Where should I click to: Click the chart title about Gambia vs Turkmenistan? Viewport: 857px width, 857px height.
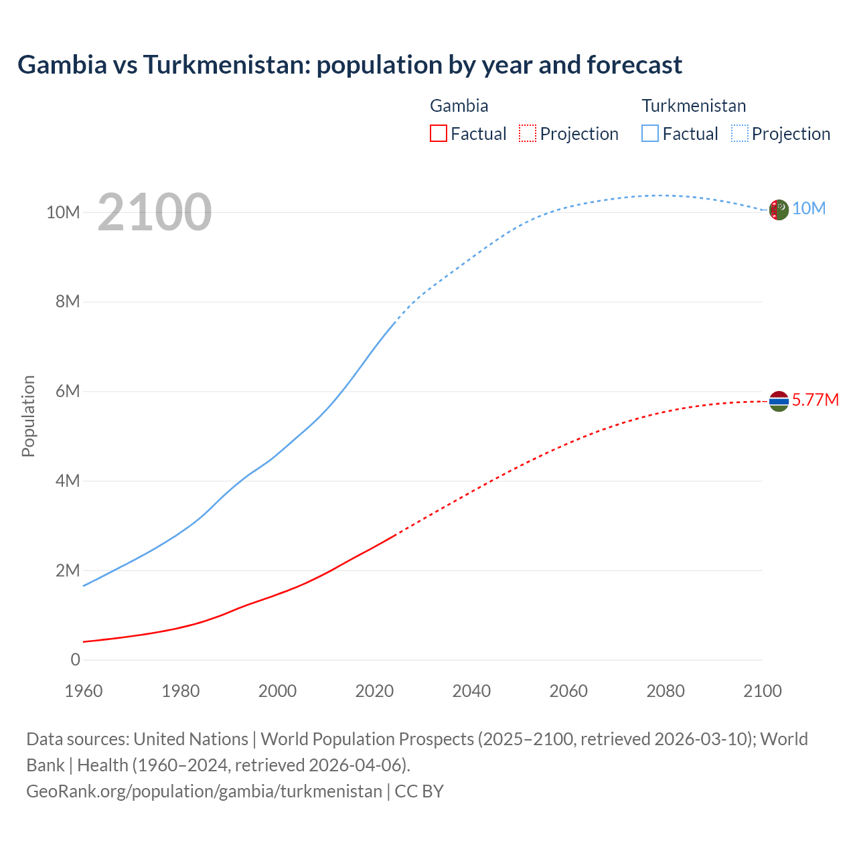click(x=349, y=65)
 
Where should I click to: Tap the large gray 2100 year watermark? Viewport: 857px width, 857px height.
click(x=155, y=212)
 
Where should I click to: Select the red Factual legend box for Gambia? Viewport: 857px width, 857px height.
click(x=438, y=133)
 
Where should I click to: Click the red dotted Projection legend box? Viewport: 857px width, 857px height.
click(x=528, y=133)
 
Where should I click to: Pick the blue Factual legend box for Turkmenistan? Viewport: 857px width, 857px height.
click(x=650, y=133)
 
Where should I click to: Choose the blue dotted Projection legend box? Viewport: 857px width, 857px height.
click(x=740, y=133)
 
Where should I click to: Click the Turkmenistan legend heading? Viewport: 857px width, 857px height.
click(x=694, y=106)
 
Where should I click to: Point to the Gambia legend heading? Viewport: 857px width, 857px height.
click(x=459, y=106)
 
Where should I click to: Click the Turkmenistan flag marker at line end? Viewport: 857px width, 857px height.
click(x=779, y=210)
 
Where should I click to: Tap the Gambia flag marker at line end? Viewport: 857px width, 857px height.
click(x=779, y=401)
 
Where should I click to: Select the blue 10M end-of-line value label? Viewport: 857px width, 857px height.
click(x=809, y=209)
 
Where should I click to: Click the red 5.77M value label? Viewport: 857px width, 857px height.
click(x=815, y=400)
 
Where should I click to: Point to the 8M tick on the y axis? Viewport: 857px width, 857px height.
click(x=68, y=301)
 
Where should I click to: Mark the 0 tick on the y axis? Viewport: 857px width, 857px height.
click(x=75, y=659)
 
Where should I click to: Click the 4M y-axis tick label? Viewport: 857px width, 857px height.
click(x=68, y=481)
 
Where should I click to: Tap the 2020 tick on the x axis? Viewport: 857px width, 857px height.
click(x=374, y=691)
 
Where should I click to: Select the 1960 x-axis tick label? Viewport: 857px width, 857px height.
click(x=84, y=691)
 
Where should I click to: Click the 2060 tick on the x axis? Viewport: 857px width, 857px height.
click(x=568, y=691)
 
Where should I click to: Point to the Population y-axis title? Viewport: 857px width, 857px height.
click(x=28, y=416)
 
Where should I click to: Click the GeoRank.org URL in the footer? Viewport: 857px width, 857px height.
click(x=204, y=791)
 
